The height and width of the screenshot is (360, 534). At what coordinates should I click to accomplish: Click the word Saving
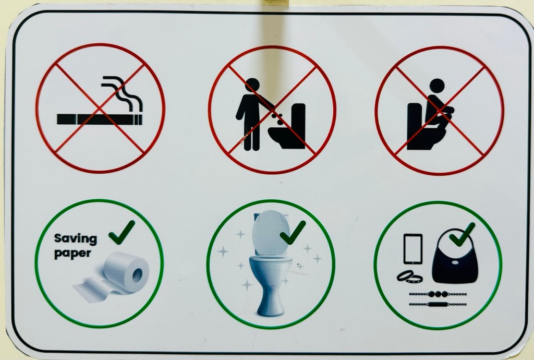click(x=75, y=238)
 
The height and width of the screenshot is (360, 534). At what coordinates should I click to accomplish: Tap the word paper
click(x=72, y=254)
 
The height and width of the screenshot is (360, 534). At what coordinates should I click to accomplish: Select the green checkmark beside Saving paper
click(x=122, y=232)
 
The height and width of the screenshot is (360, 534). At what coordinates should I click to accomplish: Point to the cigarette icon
click(x=100, y=119)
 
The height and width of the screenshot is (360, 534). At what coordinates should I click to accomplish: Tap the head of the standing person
click(x=252, y=85)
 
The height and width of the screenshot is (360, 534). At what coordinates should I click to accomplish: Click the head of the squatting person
click(x=436, y=86)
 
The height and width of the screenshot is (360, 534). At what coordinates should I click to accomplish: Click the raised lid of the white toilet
click(x=271, y=232)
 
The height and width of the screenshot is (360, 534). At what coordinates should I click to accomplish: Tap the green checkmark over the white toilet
click(x=293, y=232)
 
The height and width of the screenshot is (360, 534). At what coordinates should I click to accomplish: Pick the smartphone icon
click(x=413, y=249)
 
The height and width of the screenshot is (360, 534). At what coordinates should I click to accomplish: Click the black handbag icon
click(x=455, y=257)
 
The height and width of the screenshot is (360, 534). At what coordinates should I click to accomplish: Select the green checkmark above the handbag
click(x=462, y=234)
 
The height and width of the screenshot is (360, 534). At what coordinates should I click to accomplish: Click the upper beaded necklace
click(x=438, y=294)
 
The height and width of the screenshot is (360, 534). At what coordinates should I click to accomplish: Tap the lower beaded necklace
click(x=438, y=304)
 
